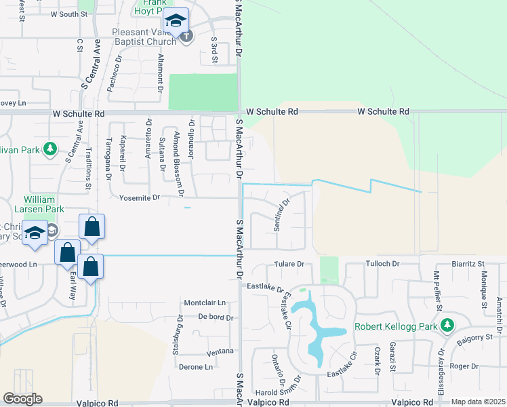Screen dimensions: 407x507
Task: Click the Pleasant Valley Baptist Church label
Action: pyautogui.click(x=146, y=37)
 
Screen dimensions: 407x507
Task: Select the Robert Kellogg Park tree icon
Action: pyautogui.click(x=447, y=326)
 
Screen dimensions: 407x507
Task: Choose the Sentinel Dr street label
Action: pyautogui.click(x=281, y=215)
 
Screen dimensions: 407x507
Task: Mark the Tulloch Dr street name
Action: pyautogui.click(x=383, y=263)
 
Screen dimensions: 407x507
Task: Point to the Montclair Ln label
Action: pyautogui.click(x=204, y=302)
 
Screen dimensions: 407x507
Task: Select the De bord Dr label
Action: pyautogui.click(x=216, y=317)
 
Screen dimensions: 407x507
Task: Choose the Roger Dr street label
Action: pyautogui.click(x=464, y=366)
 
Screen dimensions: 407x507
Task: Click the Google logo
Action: pyautogui.click(x=22, y=399)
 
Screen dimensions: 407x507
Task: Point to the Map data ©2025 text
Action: pyautogui.click(x=479, y=402)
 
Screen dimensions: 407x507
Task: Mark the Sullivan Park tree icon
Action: pyautogui.click(x=49, y=148)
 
